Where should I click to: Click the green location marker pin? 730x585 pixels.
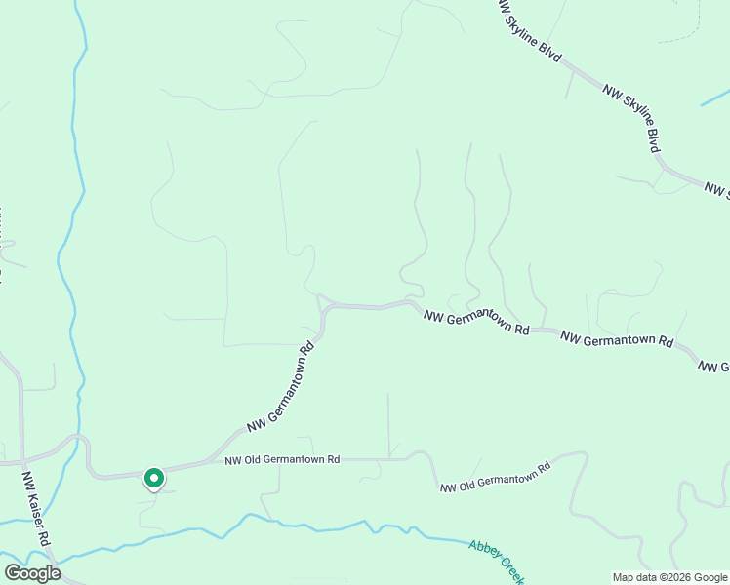(153, 478)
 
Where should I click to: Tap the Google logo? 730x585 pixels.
(32, 573)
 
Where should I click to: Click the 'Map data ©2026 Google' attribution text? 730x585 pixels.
(669, 577)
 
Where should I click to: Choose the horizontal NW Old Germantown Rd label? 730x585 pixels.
(282, 460)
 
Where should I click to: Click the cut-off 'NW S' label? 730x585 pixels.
(717, 189)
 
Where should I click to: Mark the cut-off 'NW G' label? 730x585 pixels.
(713, 366)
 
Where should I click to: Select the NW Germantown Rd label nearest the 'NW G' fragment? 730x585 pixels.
(617, 340)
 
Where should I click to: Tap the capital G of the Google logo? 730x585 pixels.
(14, 573)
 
